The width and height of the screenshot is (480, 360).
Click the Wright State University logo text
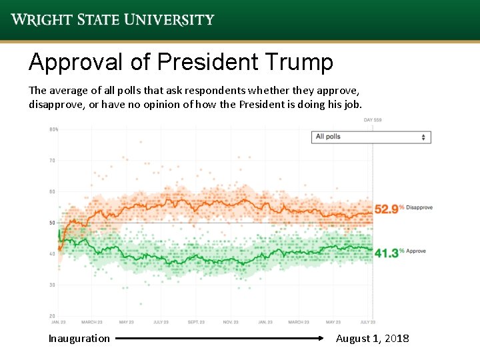pos(113,19)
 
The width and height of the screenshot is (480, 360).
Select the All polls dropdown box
pos(371,137)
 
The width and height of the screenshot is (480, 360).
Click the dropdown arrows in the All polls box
pos(423,137)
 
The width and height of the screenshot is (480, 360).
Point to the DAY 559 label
pos(373,120)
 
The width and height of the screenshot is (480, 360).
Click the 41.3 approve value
pos(386,253)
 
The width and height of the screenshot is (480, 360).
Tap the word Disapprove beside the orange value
pos(419,207)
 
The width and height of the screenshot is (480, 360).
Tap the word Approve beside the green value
pos(415,251)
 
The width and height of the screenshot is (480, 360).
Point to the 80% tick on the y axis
pos(53,129)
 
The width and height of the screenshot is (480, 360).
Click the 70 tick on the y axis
pos(52,161)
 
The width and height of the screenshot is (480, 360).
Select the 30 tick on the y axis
pos(52,285)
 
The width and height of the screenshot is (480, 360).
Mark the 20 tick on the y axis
pos(52,315)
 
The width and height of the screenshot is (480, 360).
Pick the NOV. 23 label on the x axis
pos(231,323)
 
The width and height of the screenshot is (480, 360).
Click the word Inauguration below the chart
pos(79,339)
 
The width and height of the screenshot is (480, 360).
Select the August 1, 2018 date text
pos(372,339)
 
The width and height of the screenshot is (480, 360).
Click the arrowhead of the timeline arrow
pos(322,339)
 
